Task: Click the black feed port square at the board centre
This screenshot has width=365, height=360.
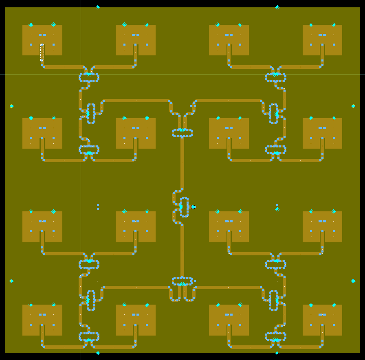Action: point(193,207)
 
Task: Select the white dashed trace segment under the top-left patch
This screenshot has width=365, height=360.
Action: point(42,53)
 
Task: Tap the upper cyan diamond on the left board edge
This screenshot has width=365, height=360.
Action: point(11,106)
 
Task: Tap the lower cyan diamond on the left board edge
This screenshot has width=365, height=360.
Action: point(11,281)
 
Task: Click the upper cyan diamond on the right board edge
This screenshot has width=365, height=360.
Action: point(353,106)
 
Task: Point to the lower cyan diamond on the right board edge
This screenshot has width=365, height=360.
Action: point(353,281)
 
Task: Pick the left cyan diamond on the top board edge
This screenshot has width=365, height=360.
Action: point(98,7)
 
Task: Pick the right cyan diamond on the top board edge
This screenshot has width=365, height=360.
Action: point(277,7)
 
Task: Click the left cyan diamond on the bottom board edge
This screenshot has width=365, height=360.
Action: point(98,353)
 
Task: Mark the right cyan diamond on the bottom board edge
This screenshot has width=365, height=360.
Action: point(277,353)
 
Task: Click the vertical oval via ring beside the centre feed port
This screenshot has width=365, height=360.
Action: point(185,207)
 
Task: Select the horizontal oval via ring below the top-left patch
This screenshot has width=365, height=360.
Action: point(89,77)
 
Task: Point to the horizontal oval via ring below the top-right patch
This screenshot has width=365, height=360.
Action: point(276,77)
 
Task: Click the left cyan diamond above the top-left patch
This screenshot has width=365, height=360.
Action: point(31,24)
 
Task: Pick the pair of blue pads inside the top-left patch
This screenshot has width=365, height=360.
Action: point(42,35)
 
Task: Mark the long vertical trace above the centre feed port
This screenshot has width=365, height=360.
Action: point(182,163)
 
